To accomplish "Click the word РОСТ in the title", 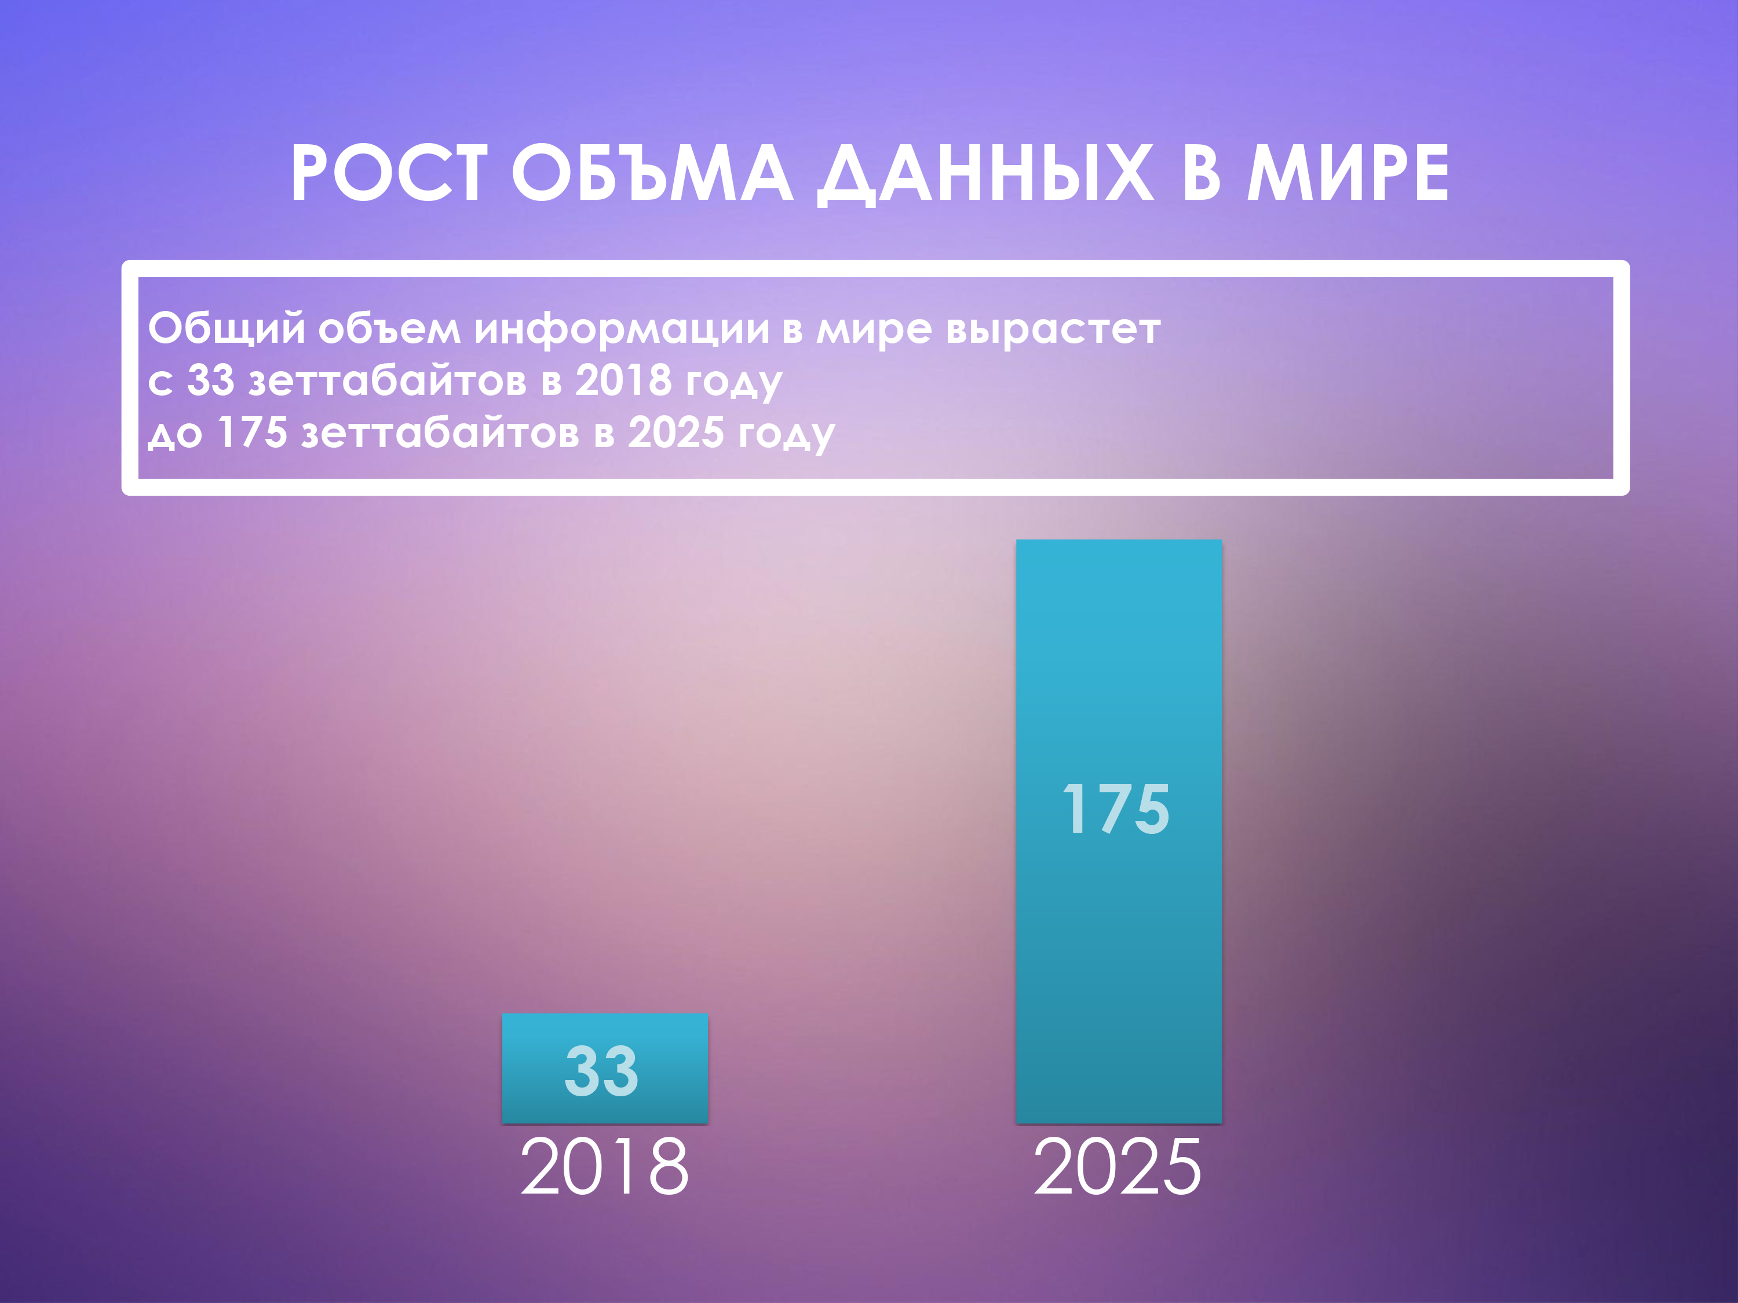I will point(388,174).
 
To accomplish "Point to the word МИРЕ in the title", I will point(1348,174).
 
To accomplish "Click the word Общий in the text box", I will point(227,328).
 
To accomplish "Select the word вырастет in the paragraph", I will point(1053,328).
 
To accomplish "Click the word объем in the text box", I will point(389,328).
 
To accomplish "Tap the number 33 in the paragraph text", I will point(210,381).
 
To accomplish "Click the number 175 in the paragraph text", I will point(252,433).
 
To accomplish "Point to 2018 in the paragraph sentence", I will point(623,381).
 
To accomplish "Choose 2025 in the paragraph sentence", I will point(676,433).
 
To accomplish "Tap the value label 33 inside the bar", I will point(602,1071).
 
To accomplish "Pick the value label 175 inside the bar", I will point(1116,809).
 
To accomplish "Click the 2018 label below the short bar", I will point(604,1167).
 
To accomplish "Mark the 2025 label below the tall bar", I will point(1118,1167).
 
